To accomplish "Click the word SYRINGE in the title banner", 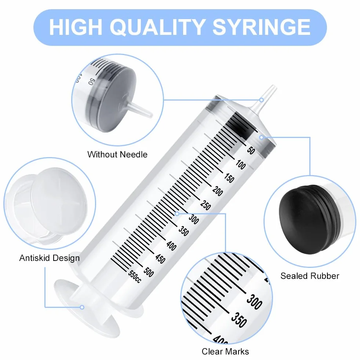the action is pos(262,27).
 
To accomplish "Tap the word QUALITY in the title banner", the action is pos(158,27).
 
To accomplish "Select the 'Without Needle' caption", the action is pos(117,154).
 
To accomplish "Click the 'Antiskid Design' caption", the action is pos(50,258).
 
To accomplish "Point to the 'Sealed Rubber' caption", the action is pos(310,276).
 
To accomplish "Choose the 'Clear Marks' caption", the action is pos(225,352).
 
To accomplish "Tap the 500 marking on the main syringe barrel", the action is pos(149,272).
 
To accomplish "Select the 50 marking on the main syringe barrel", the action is pos(251,150).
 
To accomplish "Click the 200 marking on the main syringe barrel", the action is pos(218,191).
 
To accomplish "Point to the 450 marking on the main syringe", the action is pos(160,258).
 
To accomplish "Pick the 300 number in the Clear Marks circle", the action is pos(254,301).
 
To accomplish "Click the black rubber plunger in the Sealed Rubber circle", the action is pos(309,219).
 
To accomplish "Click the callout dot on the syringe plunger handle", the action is pos(82,307).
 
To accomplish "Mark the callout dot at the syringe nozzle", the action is pos(262,100).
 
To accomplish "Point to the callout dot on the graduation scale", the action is pos(177,214).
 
